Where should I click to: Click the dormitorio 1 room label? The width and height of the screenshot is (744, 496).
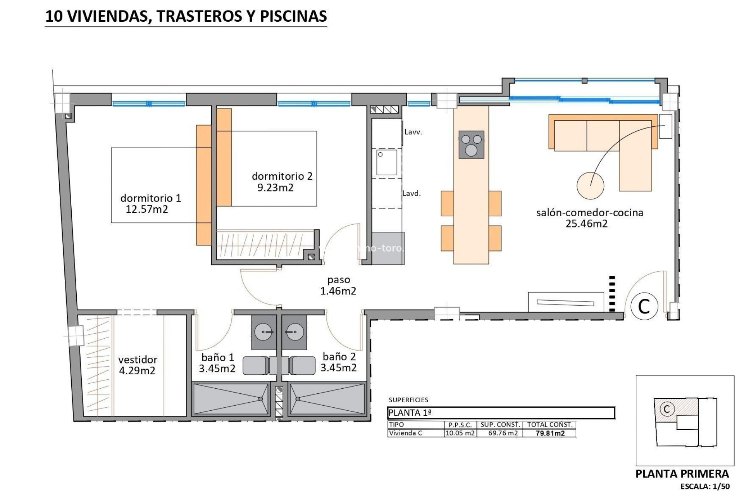point(151,198)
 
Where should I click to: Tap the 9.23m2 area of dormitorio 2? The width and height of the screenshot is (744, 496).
point(276,188)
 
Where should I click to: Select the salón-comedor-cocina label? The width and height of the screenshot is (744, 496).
point(589,212)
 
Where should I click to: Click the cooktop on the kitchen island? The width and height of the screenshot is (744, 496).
point(471,145)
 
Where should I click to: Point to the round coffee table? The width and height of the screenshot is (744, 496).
point(590,186)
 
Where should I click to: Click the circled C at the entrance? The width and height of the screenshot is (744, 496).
point(644,306)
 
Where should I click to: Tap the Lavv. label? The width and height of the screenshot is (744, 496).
point(413,132)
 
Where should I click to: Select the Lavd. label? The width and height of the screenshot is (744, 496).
point(412,193)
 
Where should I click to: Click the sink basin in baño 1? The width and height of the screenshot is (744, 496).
point(263,332)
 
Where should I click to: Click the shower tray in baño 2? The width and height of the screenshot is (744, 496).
point(327,399)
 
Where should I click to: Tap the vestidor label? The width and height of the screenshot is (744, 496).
point(138,360)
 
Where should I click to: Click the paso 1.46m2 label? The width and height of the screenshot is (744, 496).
point(338,286)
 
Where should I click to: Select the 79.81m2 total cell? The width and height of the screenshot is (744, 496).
point(550,433)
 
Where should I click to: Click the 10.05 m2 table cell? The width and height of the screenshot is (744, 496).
point(460,433)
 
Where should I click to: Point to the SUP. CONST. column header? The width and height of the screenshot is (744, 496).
point(500,425)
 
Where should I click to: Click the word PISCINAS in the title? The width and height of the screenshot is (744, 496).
point(293,16)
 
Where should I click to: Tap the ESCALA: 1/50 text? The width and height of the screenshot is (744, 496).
point(705,486)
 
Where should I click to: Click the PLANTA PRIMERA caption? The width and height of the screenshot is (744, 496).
point(682,474)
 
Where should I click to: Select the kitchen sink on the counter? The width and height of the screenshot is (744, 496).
point(387,162)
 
